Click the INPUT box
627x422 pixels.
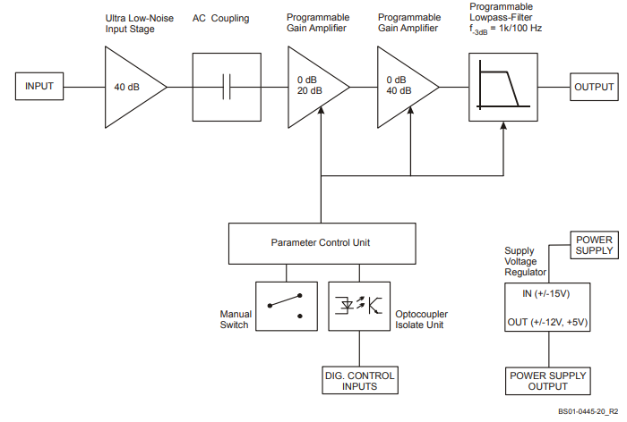pyautogui.click(x=39, y=86)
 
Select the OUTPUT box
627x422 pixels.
pyautogui.click(x=594, y=87)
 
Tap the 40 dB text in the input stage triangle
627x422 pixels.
pyautogui.click(x=127, y=87)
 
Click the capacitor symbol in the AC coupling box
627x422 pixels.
pyautogui.click(x=227, y=87)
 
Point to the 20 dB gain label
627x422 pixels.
pyautogui.click(x=310, y=91)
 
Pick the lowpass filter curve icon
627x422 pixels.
pyautogui.click(x=503, y=87)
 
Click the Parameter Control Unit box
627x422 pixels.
pyautogui.click(x=322, y=243)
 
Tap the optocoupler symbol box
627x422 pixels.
pyautogui.click(x=359, y=307)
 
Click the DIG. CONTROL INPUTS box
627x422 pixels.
pyautogui.click(x=360, y=381)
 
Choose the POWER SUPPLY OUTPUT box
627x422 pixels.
pyautogui.click(x=548, y=381)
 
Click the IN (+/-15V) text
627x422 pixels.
pyautogui.click(x=545, y=294)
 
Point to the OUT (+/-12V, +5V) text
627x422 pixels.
pyautogui.click(x=547, y=322)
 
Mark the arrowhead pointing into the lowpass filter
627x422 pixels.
pyautogui.click(x=503, y=125)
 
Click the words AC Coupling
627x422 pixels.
pyautogui.click(x=220, y=19)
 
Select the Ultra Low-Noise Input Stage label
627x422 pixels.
pyautogui.click(x=139, y=23)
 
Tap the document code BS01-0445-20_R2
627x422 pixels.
pyautogui.click(x=588, y=411)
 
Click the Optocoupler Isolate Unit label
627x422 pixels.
pyautogui.click(x=422, y=319)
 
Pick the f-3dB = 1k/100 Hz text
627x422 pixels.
pyautogui.click(x=505, y=30)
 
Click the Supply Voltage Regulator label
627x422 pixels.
pyautogui.click(x=525, y=261)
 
